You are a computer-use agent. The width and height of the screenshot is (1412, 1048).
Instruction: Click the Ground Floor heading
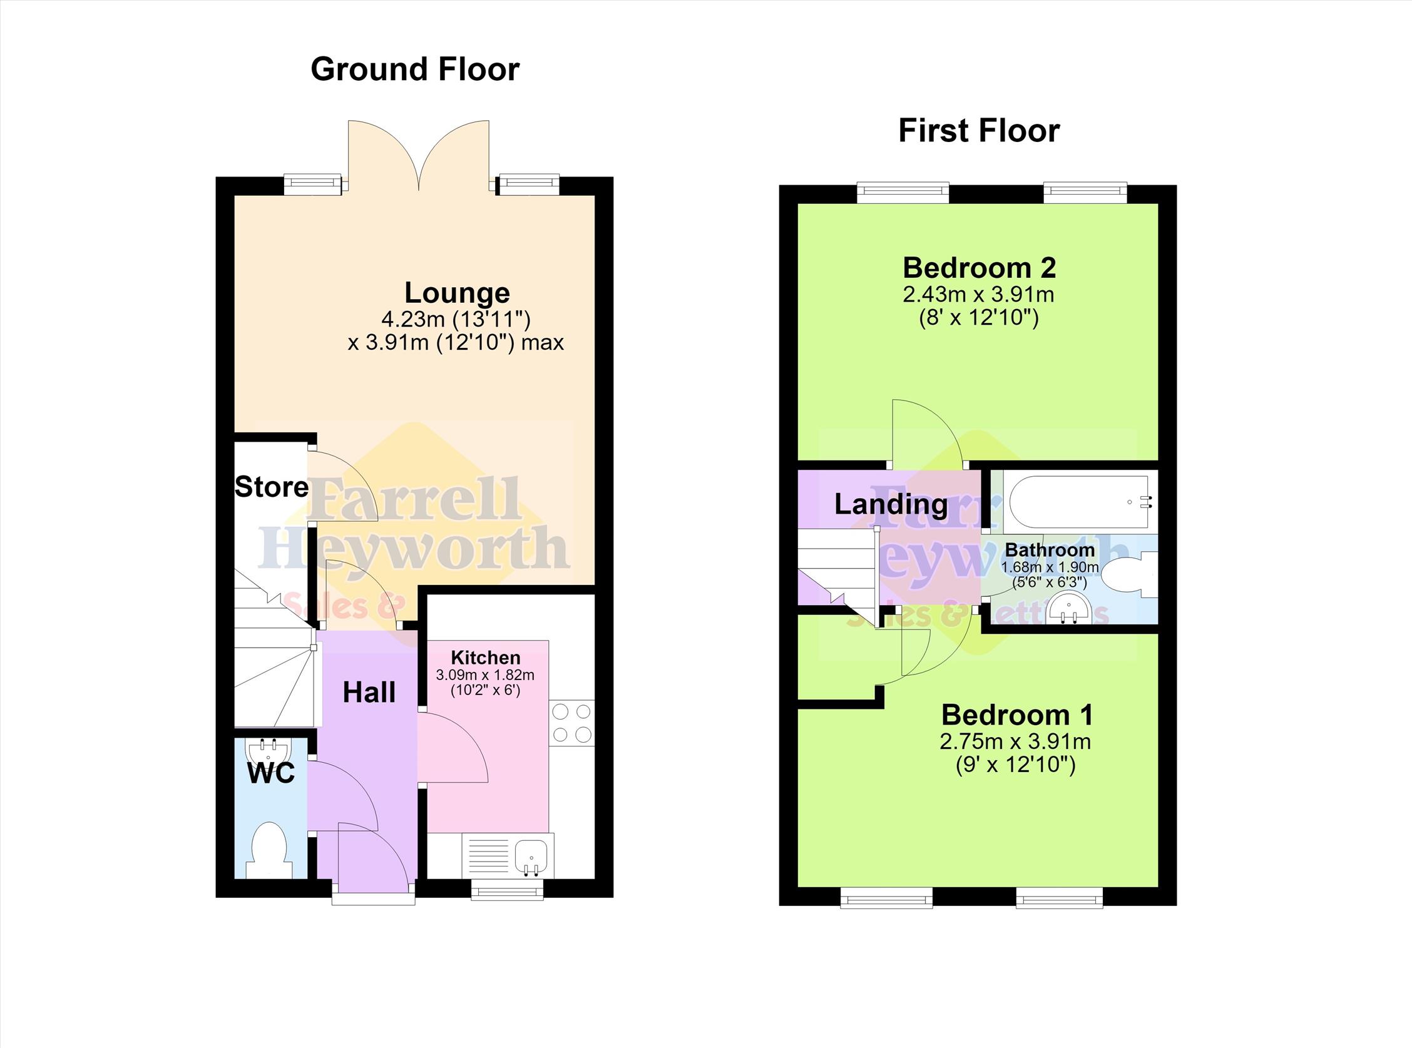[415, 69]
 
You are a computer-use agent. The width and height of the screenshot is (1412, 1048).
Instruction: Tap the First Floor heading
[978, 131]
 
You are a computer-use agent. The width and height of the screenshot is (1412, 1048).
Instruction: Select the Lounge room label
[457, 292]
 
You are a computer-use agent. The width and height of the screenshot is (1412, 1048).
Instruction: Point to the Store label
[272, 487]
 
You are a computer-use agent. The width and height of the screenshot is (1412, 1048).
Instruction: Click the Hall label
[369, 692]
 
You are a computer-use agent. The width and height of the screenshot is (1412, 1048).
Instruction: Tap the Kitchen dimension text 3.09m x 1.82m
[485, 675]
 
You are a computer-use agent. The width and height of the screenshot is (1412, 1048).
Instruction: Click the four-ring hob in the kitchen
[572, 723]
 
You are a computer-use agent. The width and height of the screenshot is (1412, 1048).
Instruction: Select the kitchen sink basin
[531, 855]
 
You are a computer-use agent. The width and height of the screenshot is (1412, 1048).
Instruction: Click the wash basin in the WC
[270, 753]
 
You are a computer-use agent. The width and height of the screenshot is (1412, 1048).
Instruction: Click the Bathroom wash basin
[1067, 609]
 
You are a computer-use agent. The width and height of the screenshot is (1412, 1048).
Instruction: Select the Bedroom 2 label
[979, 268]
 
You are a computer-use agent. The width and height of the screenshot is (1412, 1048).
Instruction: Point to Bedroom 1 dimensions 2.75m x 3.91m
[1015, 741]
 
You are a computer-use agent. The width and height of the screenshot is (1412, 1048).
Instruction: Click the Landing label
[891, 504]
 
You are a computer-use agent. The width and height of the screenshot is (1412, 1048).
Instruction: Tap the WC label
[271, 773]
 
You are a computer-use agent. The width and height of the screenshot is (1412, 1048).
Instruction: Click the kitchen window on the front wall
[507, 892]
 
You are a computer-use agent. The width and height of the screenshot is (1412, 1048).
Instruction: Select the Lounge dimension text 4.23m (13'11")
[456, 318]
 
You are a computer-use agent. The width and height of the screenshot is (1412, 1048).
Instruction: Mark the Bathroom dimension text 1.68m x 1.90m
[1050, 567]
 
